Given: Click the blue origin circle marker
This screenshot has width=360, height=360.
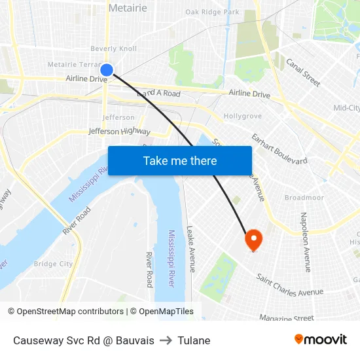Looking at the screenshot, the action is coord(107,69).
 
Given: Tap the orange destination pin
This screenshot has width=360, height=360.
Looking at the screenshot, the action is coord(253,240).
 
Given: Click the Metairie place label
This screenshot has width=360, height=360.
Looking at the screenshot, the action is coord(128,8).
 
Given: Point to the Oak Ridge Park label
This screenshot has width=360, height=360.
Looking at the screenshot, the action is coord(212,12).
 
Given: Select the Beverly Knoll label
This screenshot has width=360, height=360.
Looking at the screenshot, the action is coord(113,48).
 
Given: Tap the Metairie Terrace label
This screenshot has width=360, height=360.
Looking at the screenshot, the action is coord(73,64).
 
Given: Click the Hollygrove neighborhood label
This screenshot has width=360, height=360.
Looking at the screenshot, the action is coord(243,116).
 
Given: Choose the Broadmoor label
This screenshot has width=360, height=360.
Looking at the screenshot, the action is coord(304,197).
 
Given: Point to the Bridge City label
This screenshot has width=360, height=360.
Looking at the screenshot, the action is coord(54,264).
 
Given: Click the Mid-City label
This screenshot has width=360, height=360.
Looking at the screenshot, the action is coord(346,108).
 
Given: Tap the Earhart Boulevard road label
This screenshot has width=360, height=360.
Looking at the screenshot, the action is coord(279,151).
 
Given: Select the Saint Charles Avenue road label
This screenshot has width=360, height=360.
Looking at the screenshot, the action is coord(290,285).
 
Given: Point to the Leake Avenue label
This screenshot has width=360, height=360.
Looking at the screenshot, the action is coord(191,249).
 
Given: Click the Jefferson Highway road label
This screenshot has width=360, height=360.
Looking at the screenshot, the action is coord(119,132).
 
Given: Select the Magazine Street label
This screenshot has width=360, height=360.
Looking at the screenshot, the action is coord(287,318).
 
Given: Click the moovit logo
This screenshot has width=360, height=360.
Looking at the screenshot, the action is coord(321,340).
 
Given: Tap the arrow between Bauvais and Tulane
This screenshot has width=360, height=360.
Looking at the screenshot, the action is coord(166,340).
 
